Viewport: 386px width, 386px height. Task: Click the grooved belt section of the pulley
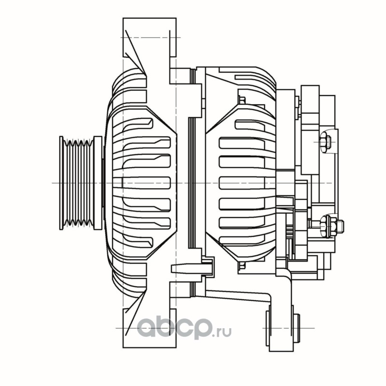click(x=78, y=183)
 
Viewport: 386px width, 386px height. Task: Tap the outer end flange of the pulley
click(x=61, y=183)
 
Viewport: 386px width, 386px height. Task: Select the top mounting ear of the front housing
click(x=150, y=38)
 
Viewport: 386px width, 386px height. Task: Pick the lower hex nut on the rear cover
click(x=326, y=226)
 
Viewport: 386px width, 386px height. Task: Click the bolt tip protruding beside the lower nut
click(x=340, y=226)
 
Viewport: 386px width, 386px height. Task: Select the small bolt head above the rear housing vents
click(x=242, y=100)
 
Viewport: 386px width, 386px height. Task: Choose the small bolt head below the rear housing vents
click(x=242, y=265)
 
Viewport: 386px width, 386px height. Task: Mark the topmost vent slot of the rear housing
click(x=250, y=124)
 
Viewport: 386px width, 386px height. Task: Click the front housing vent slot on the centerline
click(x=146, y=183)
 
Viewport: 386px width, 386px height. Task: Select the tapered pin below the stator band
click(x=191, y=269)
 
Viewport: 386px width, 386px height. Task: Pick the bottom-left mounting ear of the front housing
click(x=150, y=328)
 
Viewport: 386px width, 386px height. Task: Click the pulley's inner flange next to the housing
click(x=98, y=183)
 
